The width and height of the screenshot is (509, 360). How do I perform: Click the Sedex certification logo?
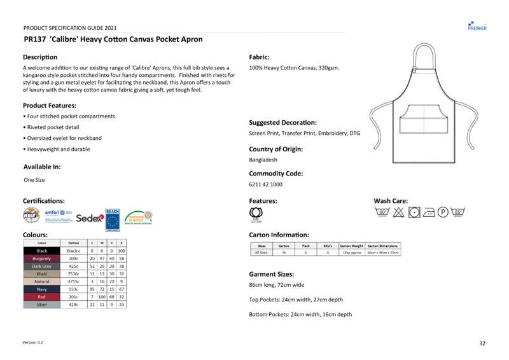(90, 218)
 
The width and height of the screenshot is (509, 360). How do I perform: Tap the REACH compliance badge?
(113, 218)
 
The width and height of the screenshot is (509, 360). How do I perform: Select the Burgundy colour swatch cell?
(42, 259)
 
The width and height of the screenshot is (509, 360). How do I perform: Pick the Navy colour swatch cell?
(42, 289)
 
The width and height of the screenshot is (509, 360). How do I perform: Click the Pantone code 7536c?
(73, 274)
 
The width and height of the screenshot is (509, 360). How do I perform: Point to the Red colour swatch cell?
(42, 297)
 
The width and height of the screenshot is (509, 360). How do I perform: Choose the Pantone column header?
(73, 243)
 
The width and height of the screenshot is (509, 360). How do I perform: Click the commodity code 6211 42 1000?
(266, 184)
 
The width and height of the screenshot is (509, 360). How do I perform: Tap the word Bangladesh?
(263, 160)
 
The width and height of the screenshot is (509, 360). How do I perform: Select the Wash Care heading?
(391, 201)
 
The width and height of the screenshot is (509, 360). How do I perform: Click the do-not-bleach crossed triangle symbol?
(398, 212)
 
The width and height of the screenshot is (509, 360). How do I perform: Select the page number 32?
(482, 343)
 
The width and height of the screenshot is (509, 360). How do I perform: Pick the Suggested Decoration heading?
(282, 123)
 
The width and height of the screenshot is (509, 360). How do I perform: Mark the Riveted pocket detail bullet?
(53, 127)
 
